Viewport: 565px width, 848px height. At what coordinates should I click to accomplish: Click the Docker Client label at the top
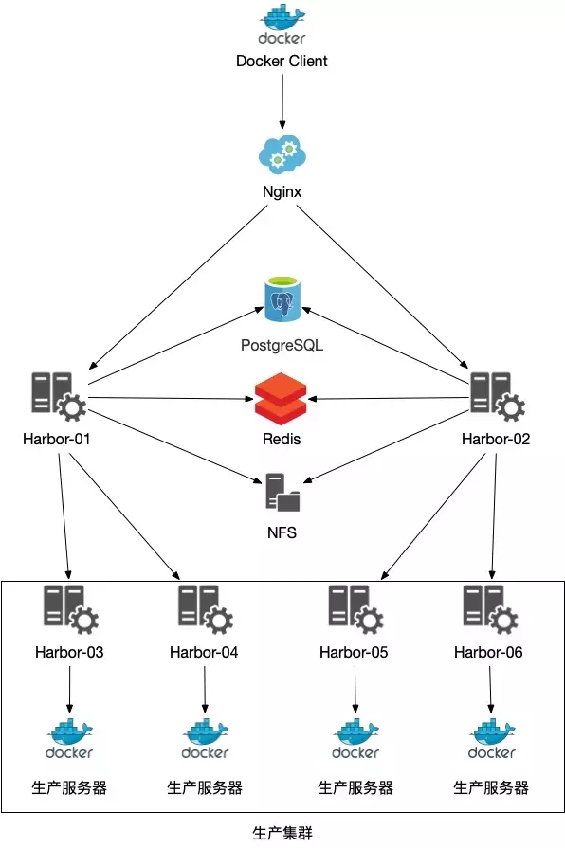tap(282, 61)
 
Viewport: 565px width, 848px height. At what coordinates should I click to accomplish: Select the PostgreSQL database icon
tap(282, 298)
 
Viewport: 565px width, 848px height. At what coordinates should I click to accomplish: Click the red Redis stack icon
tap(281, 399)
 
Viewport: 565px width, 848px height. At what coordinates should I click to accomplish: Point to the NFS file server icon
tap(282, 492)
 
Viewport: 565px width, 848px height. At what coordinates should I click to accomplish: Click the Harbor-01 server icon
tap(59, 396)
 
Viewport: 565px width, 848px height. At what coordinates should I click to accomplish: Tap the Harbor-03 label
tap(69, 652)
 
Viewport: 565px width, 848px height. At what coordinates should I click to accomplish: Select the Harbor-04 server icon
tap(206, 609)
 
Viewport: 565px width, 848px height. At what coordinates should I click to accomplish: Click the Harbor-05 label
tap(354, 652)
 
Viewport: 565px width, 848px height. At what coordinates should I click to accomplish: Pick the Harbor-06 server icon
tap(491, 609)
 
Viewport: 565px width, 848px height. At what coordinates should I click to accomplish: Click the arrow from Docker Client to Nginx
tap(282, 101)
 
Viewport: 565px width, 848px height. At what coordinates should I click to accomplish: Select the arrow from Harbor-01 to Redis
tap(171, 399)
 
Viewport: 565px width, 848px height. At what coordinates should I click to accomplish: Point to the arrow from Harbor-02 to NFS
tap(386, 446)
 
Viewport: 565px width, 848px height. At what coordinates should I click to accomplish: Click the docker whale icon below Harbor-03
tap(69, 738)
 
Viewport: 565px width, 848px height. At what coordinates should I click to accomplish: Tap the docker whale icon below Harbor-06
tap(491, 738)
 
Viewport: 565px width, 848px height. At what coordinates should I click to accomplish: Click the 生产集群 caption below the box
tap(282, 833)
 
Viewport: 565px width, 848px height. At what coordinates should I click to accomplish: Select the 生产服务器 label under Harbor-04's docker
tap(205, 787)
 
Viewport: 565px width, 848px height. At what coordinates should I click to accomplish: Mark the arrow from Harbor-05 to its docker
tap(355, 690)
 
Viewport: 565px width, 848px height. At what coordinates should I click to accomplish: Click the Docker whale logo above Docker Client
tap(282, 24)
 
